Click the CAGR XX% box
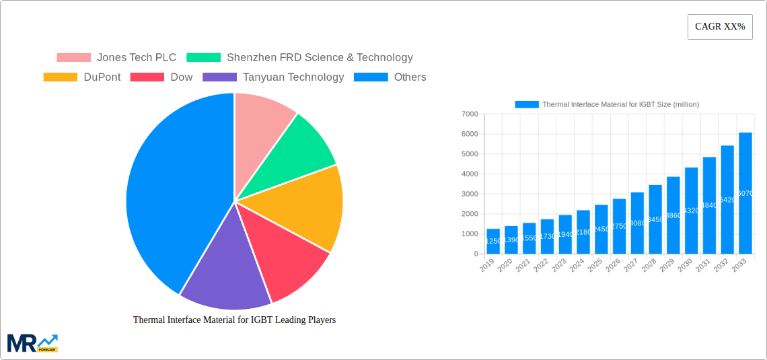click(720, 27)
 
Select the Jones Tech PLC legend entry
click(116, 58)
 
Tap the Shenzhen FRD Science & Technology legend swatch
click(203, 58)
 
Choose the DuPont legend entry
click(82, 77)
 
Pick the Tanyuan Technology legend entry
click(273, 77)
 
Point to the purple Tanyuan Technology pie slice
click(225, 276)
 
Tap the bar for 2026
click(619, 226)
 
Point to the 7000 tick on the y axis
click(468, 114)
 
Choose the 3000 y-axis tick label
click(468, 194)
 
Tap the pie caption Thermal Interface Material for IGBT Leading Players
click(234, 320)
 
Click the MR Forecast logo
click(32, 343)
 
